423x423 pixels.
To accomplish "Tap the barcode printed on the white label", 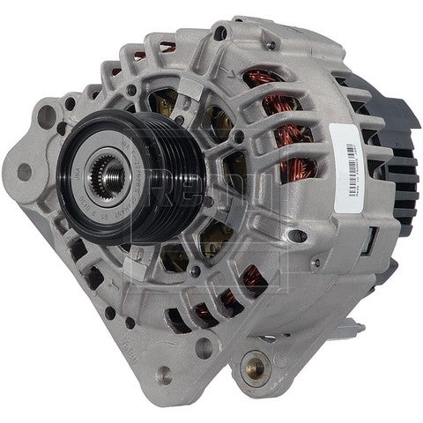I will pyautogui.click(x=350, y=145).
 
